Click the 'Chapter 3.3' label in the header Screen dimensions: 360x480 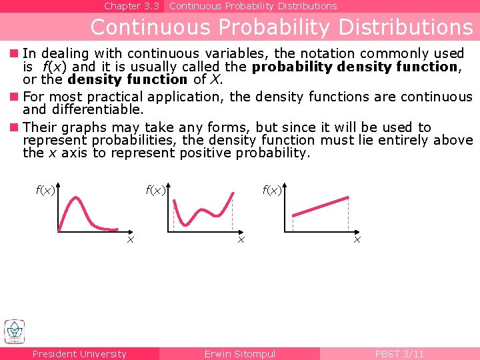(x=131, y=6)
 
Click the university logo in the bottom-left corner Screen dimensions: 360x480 (x=15, y=332)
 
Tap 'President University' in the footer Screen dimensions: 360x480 (x=79, y=354)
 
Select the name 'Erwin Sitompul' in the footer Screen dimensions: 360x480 (x=239, y=354)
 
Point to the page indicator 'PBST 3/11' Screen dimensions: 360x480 (x=399, y=354)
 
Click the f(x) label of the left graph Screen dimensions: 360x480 (x=45, y=191)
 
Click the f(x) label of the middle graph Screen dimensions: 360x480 (x=155, y=191)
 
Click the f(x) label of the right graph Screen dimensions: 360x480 (x=272, y=191)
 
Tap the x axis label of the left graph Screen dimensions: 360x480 (x=131, y=239)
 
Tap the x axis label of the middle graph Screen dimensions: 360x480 (x=241, y=239)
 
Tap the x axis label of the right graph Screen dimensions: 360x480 (x=357, y=239)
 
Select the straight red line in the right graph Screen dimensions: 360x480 (x=320, y=206)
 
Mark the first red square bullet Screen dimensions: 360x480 (x=13, y=53)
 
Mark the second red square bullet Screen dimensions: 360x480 (x=13, y=97)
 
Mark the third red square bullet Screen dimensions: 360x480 (x=13, y=127)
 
